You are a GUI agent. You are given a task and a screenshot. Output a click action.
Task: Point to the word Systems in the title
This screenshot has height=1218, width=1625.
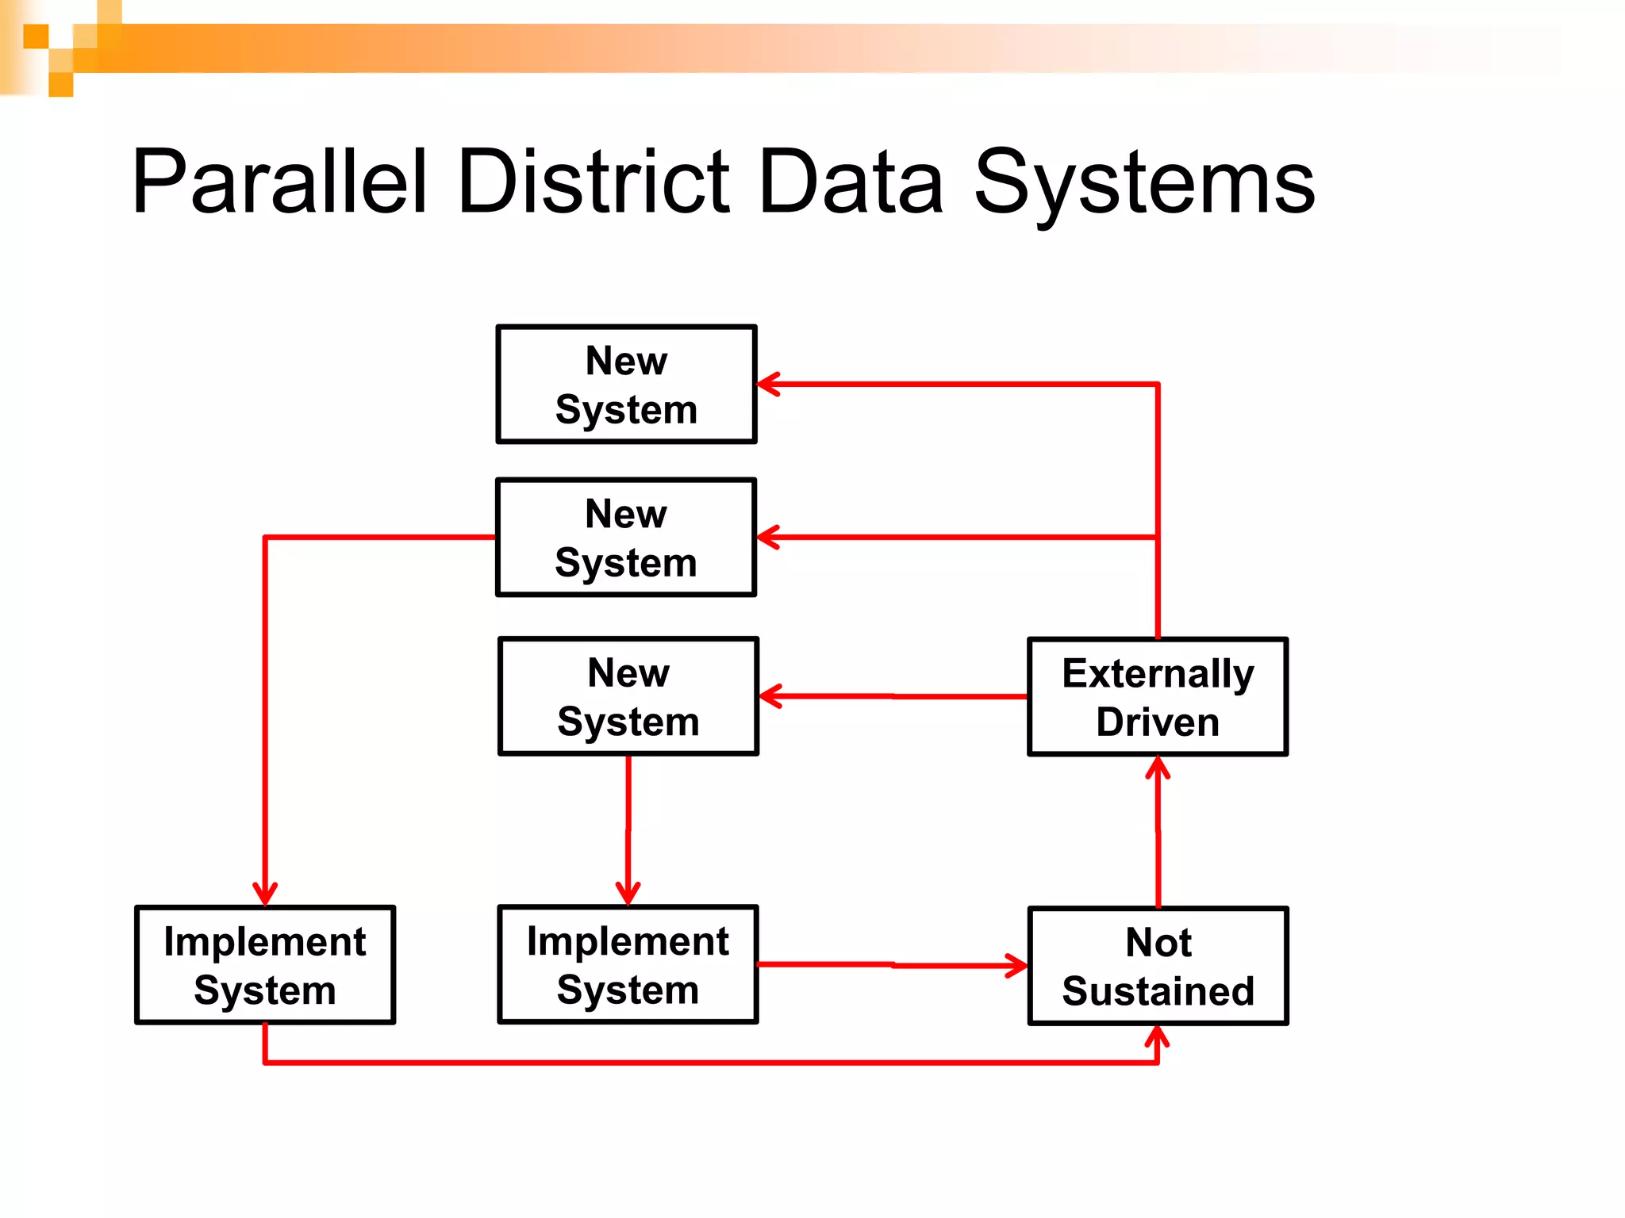click(1144, 184)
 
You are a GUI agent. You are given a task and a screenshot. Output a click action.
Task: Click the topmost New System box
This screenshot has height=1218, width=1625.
click(626, 385)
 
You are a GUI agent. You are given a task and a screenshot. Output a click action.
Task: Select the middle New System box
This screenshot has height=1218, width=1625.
click(626, 538)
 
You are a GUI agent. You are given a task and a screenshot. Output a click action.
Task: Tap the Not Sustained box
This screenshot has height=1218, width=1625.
click(1158, 966)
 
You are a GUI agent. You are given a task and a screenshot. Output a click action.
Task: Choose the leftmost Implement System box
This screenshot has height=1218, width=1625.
click(265, 965)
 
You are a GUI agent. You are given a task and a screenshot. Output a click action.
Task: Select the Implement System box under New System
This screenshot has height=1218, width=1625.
click(628, 965)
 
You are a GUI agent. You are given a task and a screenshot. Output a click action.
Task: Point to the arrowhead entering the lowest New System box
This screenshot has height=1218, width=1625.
click(770, 696)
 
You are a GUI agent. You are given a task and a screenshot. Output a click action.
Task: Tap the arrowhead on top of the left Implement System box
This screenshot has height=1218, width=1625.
click(265, 894)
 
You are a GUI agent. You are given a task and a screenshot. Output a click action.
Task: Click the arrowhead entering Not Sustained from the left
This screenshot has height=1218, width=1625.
click(1017, 966)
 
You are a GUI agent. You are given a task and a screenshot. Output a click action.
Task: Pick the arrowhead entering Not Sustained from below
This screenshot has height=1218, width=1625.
click(1157, 1036)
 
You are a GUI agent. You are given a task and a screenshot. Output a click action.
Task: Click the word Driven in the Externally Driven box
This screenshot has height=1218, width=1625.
click(1158, 722)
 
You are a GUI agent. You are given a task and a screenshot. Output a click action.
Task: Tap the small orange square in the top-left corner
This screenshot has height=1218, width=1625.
click(36, 36)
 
